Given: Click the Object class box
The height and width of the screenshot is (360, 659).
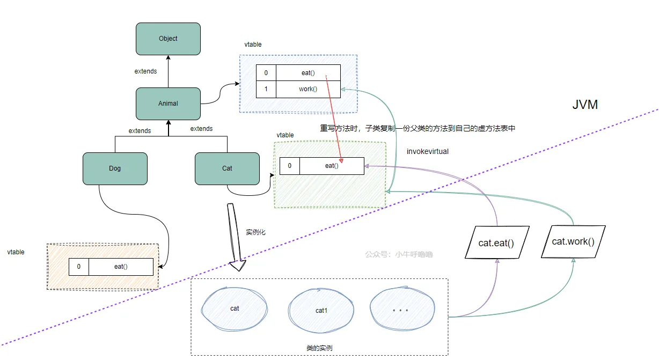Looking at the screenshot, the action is (x=168, y=39).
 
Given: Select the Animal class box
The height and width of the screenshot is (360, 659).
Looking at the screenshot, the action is (x=168, y=104).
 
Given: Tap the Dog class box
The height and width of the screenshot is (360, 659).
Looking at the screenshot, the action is (x=115, y=168).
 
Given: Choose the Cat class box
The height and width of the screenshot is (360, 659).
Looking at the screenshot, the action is (x=227, y=168).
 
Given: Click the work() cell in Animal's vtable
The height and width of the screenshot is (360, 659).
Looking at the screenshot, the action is (x=308, y=89).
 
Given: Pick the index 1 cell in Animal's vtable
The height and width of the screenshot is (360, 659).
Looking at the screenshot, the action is (x=266, y=89).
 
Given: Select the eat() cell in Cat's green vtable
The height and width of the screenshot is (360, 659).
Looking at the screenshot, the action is (x=332, y=166).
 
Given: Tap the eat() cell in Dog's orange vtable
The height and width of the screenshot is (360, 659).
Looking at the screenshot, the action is (x=121, y=267).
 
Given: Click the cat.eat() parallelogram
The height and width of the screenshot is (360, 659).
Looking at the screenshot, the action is (x=497, y=243).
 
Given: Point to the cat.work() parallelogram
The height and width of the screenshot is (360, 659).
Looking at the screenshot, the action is (x=573, y=241).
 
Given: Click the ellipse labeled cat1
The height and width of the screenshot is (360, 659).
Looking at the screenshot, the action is (x=321, y=310).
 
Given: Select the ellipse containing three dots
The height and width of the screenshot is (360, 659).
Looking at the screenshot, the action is (x=402, y=308).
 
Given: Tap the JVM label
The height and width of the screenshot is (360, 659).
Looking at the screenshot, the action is (x=585, y=105).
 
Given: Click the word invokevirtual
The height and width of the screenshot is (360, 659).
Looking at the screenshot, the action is (x=428, y=151).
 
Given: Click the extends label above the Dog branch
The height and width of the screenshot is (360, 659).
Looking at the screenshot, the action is (x=140, y=131).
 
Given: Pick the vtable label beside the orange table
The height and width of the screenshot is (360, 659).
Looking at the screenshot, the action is (x=16, y=252).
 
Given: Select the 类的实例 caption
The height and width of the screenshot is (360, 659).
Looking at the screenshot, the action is (x=319, y=348).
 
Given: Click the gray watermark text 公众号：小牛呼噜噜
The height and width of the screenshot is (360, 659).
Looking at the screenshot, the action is (x=399, y=254).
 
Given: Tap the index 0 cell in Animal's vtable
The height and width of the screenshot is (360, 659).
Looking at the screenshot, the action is (x=266, y=73).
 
